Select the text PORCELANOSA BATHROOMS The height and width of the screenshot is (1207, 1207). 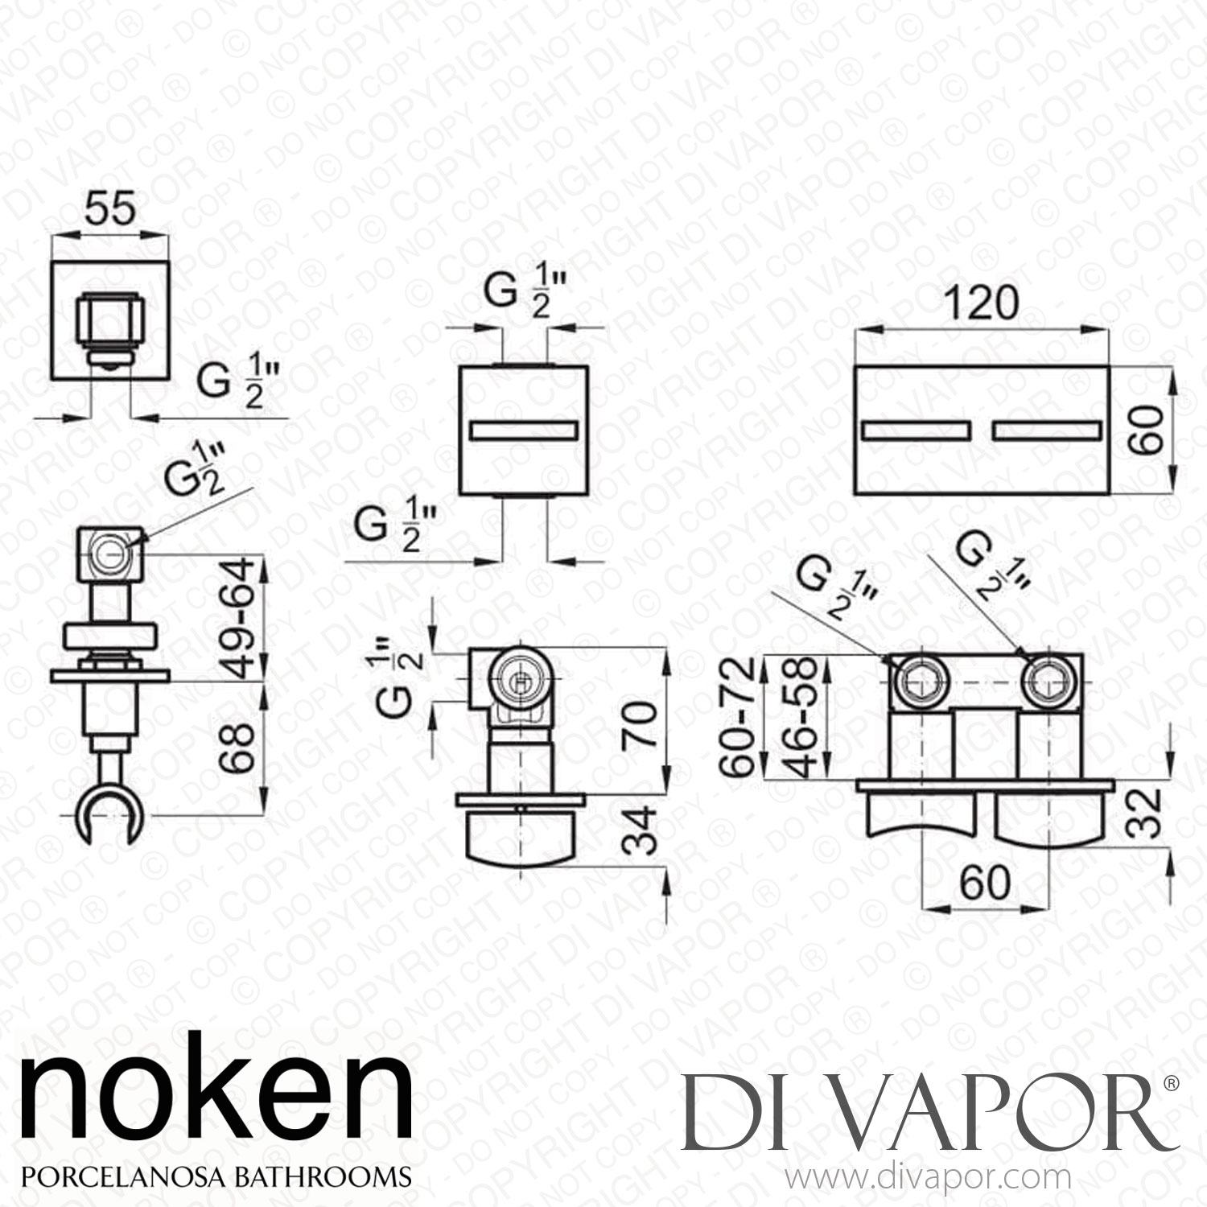click(x=216, y=1176)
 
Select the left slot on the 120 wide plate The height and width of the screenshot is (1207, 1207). click(x=917, y=431)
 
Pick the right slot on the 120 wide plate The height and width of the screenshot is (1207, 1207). click(x=1044, y=431)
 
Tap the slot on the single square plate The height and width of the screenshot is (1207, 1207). click(x=523, y=431)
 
